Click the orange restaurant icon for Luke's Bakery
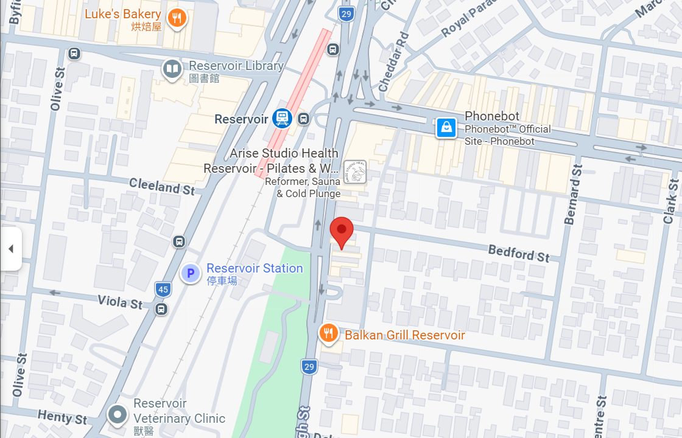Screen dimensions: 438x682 point(177,18)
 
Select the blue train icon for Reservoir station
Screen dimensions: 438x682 point(282,118)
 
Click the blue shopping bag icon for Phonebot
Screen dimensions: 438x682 point(446,127)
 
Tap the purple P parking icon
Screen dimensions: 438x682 point(191,274)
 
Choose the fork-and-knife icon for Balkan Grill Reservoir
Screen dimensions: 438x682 point(329,333)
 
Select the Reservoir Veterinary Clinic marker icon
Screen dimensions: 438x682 point(117,415)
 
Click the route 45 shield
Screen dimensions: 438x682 point(163,290)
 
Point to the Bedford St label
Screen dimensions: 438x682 point(519,252)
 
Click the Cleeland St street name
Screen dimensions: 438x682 point(162,187)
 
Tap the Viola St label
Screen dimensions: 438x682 point(121,301)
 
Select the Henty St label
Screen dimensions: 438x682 point(63,417)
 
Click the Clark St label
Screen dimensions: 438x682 point(670,201)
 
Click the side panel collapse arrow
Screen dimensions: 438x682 point(10,249)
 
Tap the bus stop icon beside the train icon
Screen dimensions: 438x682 point(304,118)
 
